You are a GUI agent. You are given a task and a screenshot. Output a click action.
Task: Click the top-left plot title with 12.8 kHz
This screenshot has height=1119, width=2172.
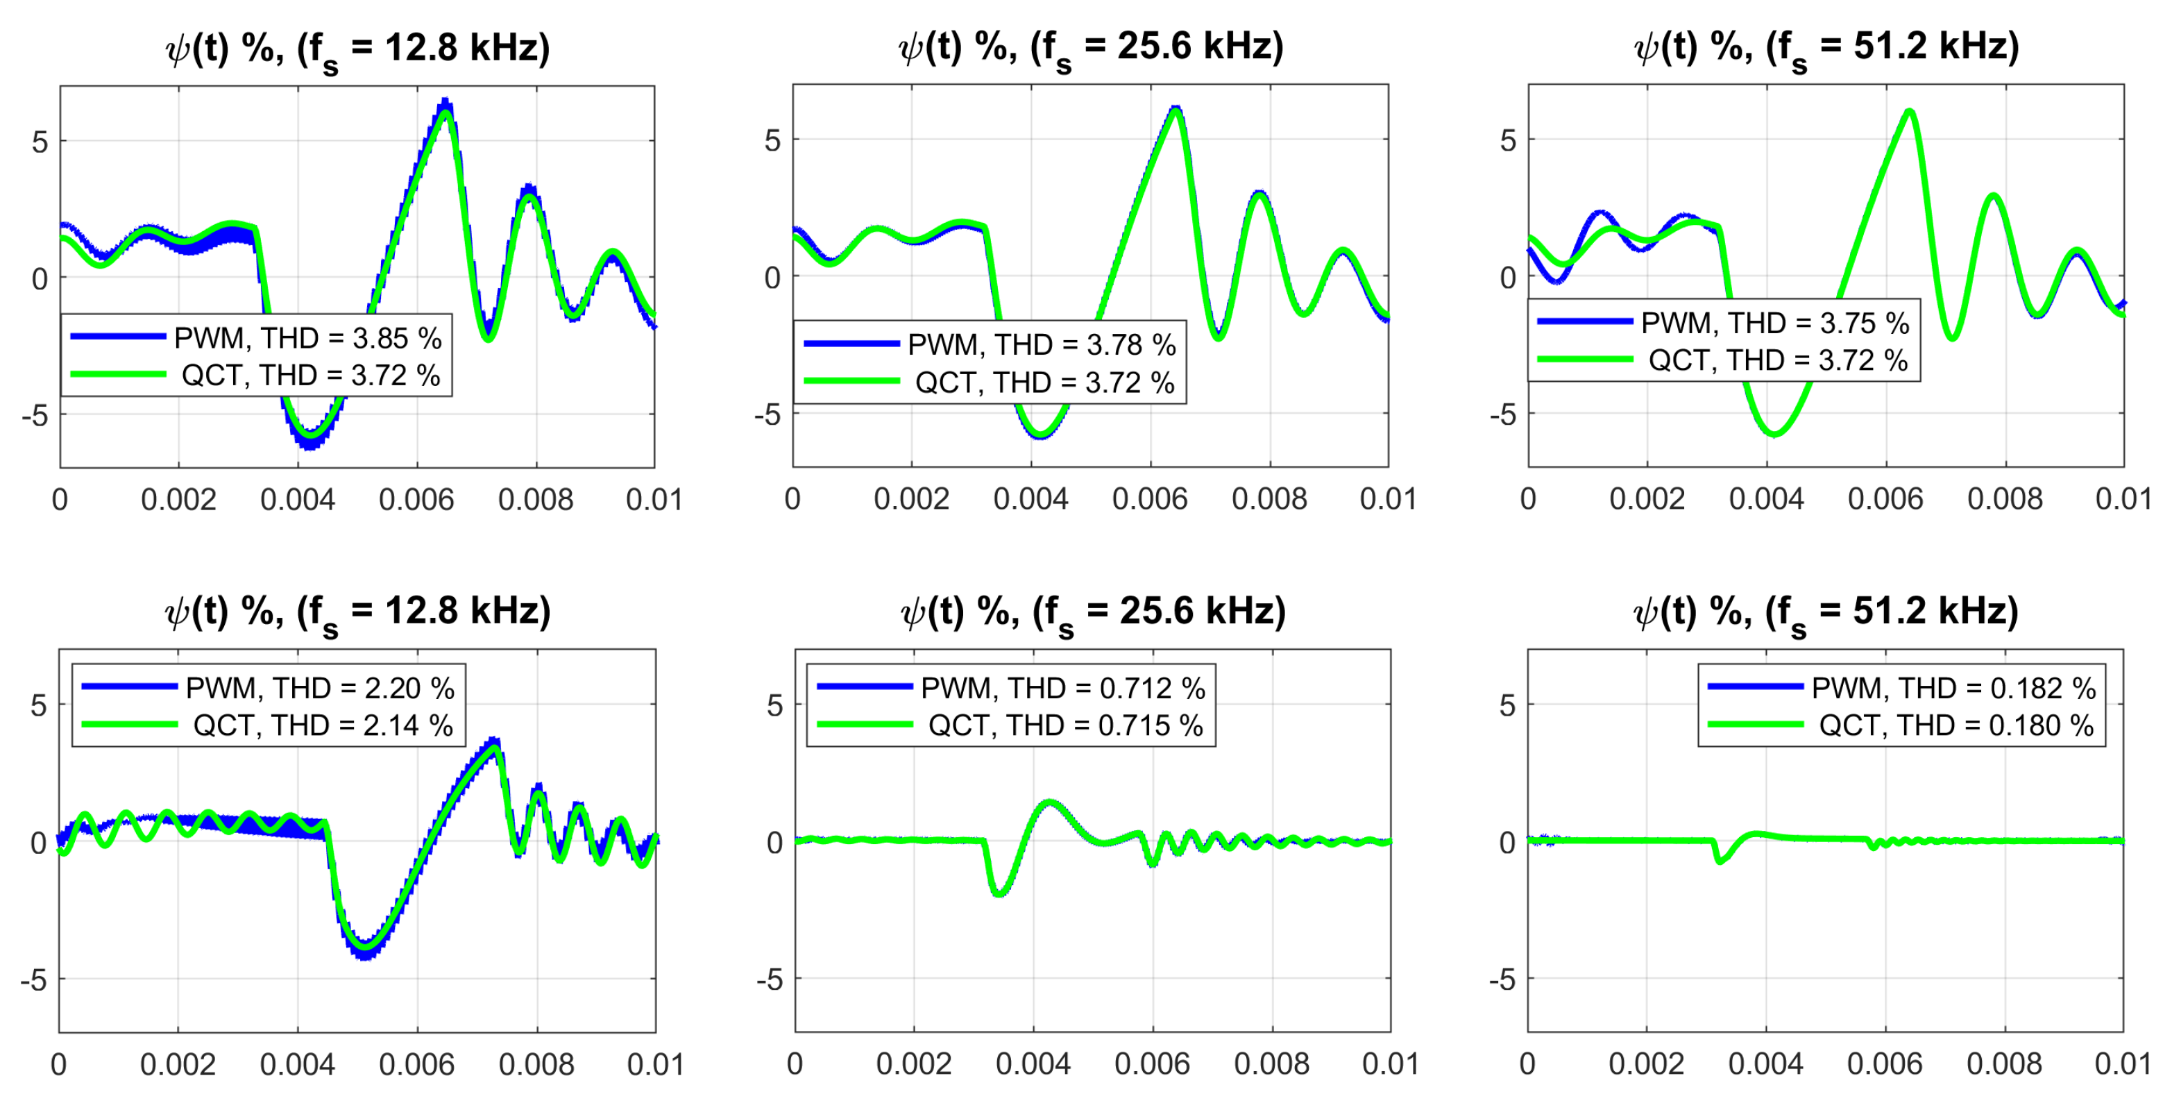click(357, 49)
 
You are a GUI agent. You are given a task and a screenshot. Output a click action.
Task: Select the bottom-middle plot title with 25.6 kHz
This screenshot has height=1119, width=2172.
click(1093, 613)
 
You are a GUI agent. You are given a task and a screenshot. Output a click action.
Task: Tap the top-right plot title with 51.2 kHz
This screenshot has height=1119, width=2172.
click(1826, 48)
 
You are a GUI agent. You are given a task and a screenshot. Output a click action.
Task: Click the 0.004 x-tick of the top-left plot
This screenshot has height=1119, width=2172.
click(298, 500)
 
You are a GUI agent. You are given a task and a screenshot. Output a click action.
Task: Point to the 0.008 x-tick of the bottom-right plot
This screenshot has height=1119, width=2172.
click(2004, 1064)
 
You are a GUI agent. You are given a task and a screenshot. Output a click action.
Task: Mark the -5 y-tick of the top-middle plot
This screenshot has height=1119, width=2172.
click(768, 414)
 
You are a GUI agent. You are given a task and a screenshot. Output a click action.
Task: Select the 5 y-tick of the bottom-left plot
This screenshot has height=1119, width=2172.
click(39, 705)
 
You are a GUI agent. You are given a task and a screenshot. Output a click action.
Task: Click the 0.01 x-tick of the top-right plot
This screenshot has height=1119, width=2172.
click(2123, 499)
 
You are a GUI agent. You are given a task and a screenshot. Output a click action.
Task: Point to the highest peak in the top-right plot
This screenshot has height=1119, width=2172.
click(1909, 112)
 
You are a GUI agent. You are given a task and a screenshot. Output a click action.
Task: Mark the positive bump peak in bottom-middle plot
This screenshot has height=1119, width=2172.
click(1049, 802)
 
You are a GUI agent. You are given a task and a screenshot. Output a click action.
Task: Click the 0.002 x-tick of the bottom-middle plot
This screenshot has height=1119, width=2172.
click(913, 1064)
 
